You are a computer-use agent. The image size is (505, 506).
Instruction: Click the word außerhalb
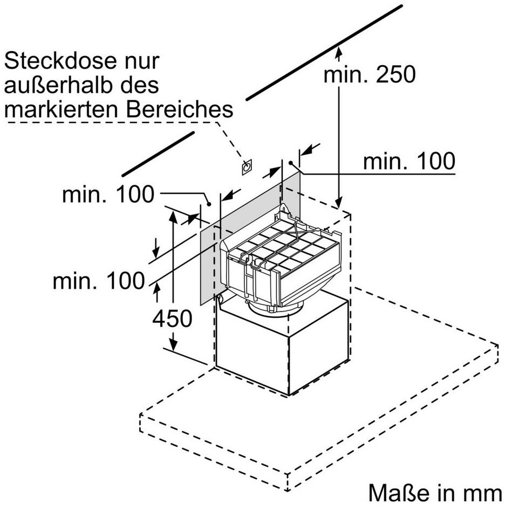[x=59, y=85]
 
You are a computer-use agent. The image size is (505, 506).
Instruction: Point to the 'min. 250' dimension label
[x=370, y=74]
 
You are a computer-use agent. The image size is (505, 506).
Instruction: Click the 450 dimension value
[x=172, y=319]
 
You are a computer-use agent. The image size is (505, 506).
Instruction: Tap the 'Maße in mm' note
[x=435, y=493]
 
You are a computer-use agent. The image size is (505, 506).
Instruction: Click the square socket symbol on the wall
[x=247, y=167]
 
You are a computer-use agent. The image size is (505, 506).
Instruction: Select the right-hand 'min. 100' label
[x=409, y=161]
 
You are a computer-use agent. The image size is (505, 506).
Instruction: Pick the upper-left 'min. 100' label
[x=108, y=195]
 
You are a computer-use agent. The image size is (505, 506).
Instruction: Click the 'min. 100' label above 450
[x=99, y=280]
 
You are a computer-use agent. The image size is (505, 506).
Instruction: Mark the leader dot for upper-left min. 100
[x=209, y=204]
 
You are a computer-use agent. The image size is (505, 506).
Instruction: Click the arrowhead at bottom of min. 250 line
[x=339, y=203]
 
